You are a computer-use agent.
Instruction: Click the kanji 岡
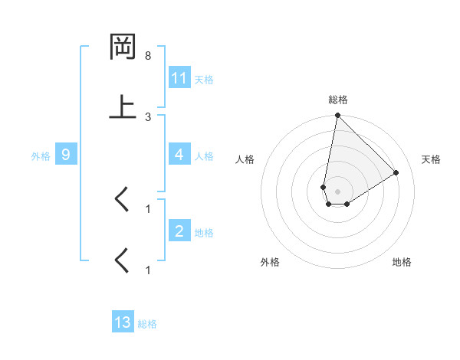point(123,47)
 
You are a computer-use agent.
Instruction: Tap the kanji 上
point(123,106)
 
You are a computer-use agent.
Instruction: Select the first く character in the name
point(122,200)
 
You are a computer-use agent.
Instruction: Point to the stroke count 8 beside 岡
point(148,56)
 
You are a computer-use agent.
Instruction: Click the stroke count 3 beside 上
point(148,116)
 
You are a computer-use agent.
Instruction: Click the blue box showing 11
point(179,78)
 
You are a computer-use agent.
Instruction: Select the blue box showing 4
point(179,155)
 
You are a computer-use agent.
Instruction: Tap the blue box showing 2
point(179,231)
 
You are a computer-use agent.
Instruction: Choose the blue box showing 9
point(66,155)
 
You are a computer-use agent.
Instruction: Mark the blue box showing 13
point(123,322)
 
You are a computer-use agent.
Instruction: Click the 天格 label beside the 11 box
point(204,79)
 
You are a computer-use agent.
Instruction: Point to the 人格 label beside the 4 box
point(204,155)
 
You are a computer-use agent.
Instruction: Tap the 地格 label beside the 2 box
point(204,232)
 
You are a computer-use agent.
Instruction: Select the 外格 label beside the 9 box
point(41,155)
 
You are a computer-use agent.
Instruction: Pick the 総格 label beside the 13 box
point(147,323)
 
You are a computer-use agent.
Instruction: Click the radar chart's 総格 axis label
point(338,100)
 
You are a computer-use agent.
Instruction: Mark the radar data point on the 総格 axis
point(337,116)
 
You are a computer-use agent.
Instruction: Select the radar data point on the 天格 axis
point(396,173)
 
